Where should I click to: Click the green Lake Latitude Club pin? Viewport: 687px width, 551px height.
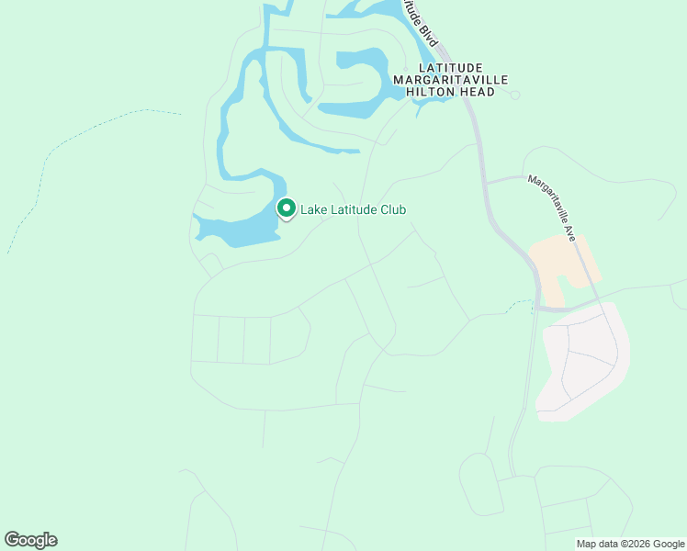pos(286,209)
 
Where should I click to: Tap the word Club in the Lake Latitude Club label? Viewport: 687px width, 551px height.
pos(389,210)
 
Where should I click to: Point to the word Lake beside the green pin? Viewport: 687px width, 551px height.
pos(314,210)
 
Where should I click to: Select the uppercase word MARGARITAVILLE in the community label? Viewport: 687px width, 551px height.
pos(450,80)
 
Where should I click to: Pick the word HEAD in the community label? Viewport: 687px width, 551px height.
pos(478,92)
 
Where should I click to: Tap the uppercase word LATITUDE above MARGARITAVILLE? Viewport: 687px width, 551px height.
pos(450,68)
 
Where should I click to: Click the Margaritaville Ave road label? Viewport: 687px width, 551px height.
pos(551,208)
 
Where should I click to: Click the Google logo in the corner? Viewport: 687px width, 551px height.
pos(30,539)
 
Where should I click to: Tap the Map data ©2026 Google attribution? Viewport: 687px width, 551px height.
pos(629,544)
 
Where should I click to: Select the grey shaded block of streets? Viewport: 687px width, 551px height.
pos(583,363)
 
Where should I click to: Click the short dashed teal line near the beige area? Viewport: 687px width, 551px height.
pos(518,303)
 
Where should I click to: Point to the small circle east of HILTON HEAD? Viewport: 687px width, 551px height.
pos(515,95)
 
